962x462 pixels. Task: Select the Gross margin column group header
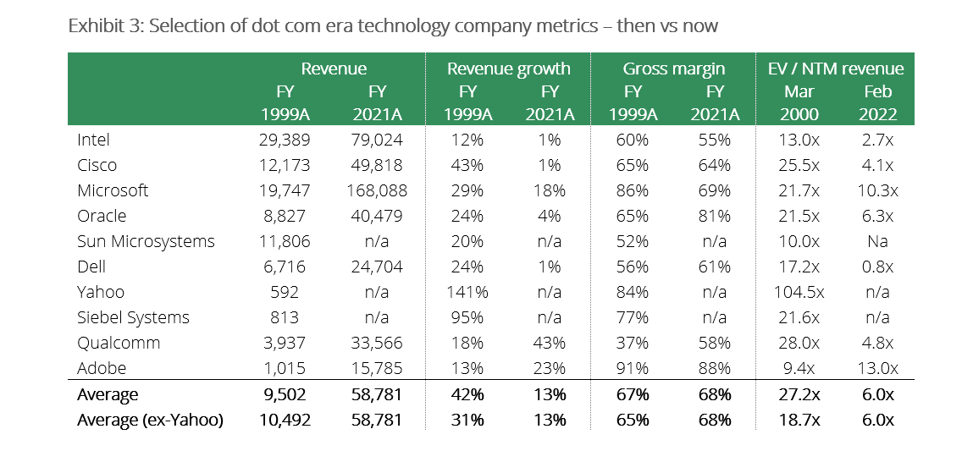pyautogui.click(x=675, y=69)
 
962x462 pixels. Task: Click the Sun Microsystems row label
pyautogui.click(x=146, y=241)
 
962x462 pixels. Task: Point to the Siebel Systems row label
pyautogui.click(x=133, y=317)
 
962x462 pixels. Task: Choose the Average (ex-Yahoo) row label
pyautogui.click(x=150, y=420)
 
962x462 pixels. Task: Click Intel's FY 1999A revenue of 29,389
pyautogui.click(x=284, y=140)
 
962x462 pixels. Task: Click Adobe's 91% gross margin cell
pyautogui.click(x=633, y=368)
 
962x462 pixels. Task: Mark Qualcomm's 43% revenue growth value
pyautogui.click(x=550, y=343)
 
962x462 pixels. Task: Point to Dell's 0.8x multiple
pyautogui.click(x=877, y=267)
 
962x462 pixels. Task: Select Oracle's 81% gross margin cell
pyautogui.click(x=714, y=216)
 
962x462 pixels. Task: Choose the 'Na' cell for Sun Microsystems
pyautogui.click(x=877, y=241)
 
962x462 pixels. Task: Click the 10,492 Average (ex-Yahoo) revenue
pyautogui.click(x=284, y=420)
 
